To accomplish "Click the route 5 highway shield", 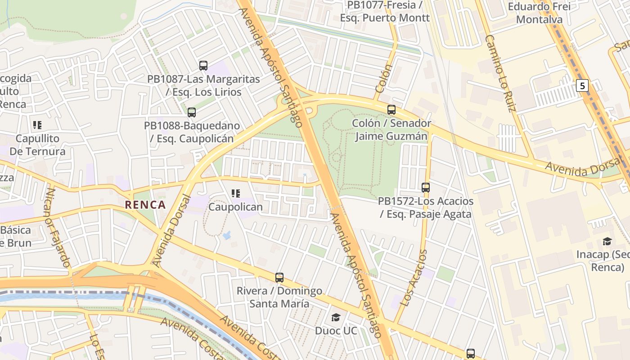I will click(583, 85).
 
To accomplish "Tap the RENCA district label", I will click(145, 205).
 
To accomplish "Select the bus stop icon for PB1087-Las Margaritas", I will click(203, 66).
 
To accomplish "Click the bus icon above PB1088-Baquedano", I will click(192, 112).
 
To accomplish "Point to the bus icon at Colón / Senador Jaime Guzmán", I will click(391, 110).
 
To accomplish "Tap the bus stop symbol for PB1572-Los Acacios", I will click(426, 188).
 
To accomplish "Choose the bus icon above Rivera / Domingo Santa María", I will click(279, 278).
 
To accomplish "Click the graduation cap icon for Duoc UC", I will click(336, 318).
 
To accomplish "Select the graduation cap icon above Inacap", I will click(607, 241).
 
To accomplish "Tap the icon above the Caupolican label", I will click(235, 193).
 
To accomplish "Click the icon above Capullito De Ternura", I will click(37, 125).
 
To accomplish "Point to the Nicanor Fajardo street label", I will click(57, 228).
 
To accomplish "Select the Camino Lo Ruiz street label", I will click(499, 73).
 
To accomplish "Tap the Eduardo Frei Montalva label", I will click(539, 13).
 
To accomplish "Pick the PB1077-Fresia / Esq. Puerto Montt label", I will click(385, 12).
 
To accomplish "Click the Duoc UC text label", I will click(336, 331).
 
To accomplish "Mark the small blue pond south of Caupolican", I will click(227, 235).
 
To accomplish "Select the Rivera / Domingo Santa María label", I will click(279, 297).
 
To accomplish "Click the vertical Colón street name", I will click(383, 79).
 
